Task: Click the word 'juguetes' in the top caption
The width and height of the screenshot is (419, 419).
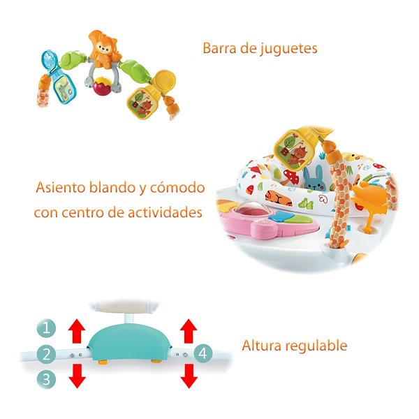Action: (x=289, y=49)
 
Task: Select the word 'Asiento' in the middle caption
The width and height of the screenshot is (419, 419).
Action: (x=60, y=187)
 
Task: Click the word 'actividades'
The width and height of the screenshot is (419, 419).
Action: (x=165, y=213)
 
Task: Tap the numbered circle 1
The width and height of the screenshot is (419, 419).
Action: (x=46, y=328)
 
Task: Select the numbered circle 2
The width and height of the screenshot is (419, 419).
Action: (x=46, y=354)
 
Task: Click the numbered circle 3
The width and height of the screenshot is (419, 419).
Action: (x=46, y=379)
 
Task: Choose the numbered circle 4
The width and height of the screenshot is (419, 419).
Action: (x=203, y=353)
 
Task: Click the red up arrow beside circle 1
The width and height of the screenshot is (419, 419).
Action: (x=77, y=331)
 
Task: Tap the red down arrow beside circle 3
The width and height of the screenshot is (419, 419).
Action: (x=78, y=376)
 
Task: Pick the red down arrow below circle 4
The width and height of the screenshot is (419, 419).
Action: (x=189, y=376)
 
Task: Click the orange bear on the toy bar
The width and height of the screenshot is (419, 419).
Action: (x=103, y=50)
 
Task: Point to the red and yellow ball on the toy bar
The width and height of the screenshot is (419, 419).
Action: (x=102, y=86)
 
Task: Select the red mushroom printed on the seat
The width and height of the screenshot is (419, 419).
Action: (x=291, y=177)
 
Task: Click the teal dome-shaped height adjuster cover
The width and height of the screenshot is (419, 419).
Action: (x=130, y=342)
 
